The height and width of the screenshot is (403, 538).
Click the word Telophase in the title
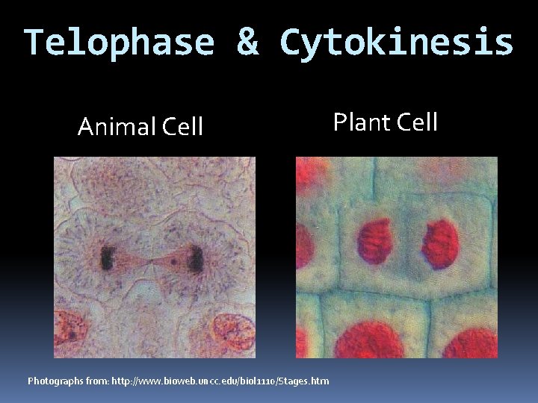[117, 43]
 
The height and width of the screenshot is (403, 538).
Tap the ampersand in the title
[247, 43]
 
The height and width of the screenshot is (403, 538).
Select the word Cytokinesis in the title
[396, 43]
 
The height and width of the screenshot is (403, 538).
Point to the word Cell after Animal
[180, 128]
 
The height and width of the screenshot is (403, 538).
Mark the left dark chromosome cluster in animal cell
[107, 259]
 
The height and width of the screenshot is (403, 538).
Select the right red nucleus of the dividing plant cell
[440, 243]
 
